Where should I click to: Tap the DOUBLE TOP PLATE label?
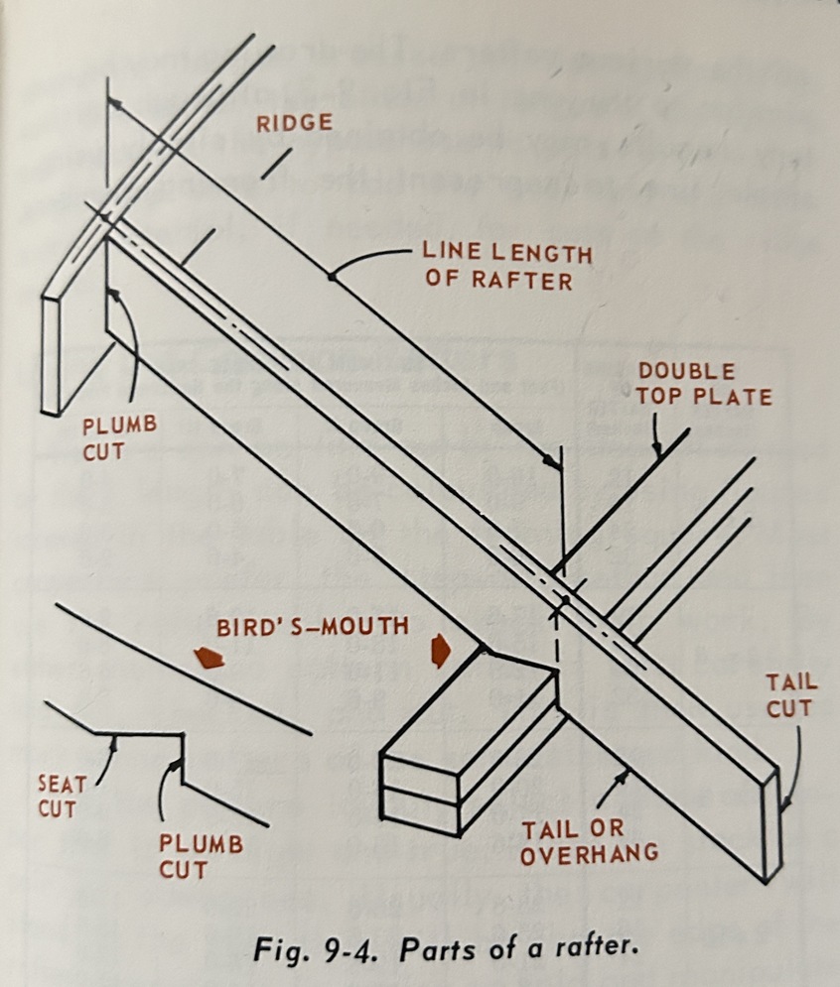pos(704,384)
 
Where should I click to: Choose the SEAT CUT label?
pos(62,794)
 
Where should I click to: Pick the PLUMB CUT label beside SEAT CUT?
pos(202,856)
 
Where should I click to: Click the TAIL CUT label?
pos(790,694)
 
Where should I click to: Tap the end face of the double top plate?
pos(421,793)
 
